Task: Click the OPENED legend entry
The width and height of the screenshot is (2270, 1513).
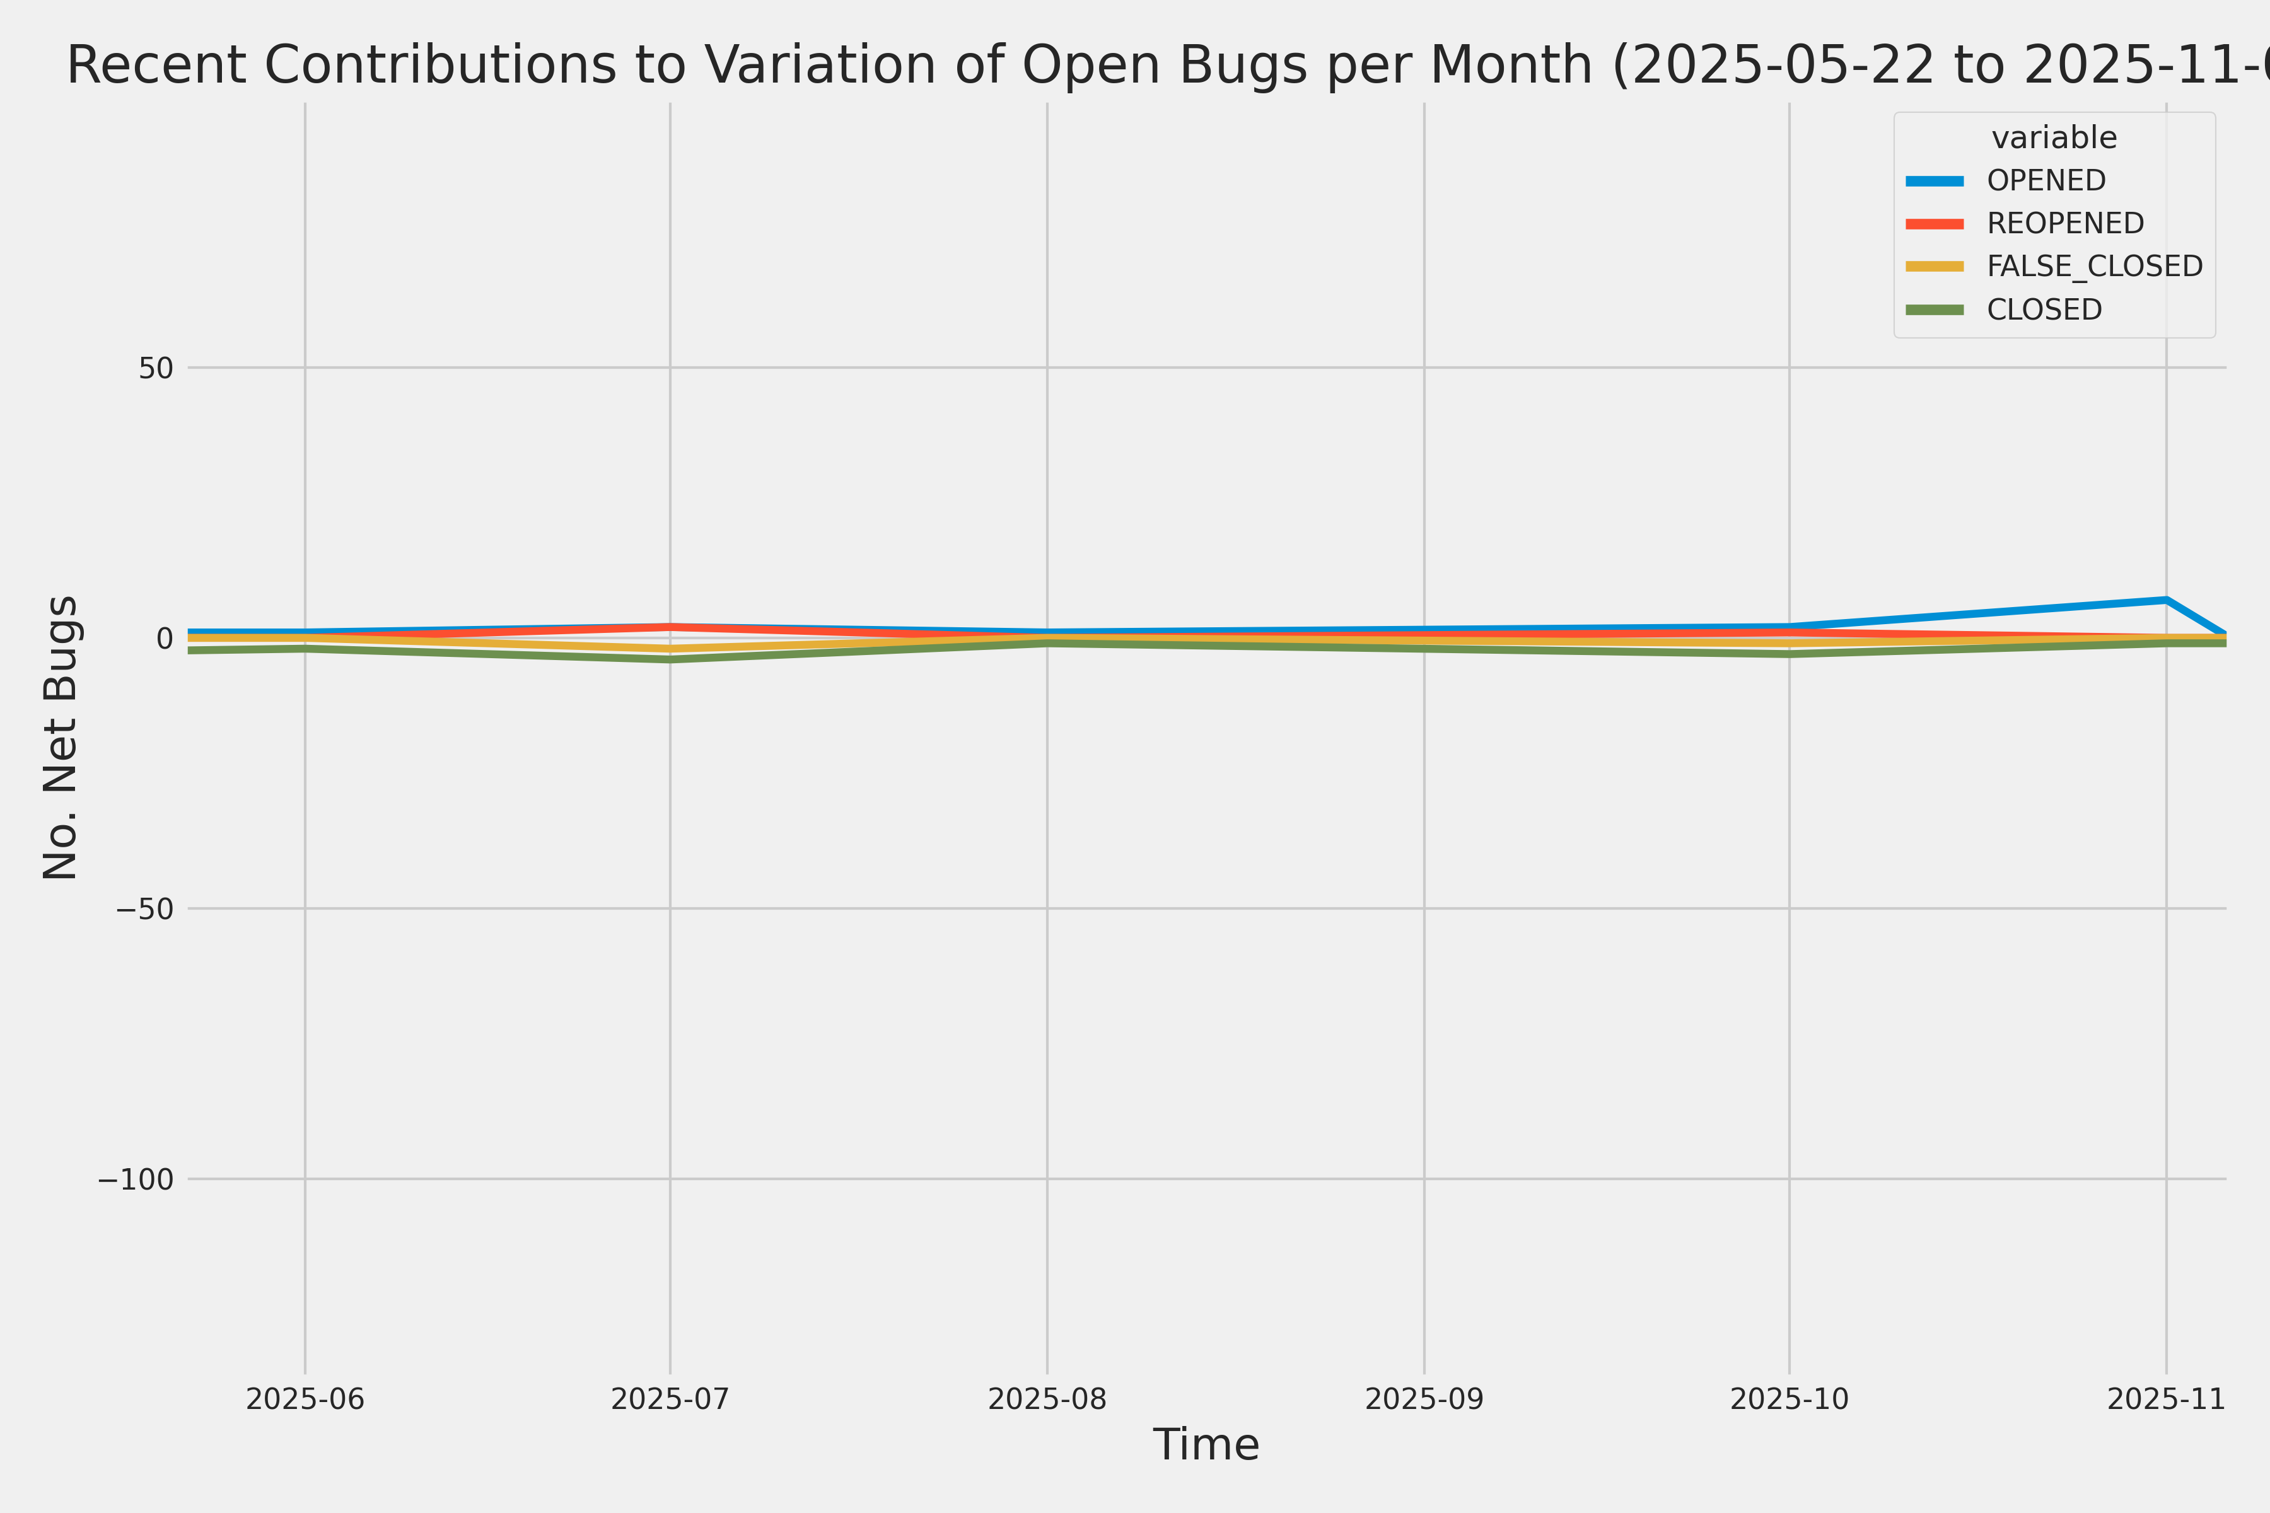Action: pos(2046,180)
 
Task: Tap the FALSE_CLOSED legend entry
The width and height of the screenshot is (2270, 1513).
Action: pos(2094,266)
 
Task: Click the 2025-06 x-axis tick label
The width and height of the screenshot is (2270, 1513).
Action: pos(305,1399)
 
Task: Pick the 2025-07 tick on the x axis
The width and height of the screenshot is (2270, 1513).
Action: pos(670,1399)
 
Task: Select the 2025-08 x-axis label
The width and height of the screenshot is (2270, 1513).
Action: pos(1047,1399)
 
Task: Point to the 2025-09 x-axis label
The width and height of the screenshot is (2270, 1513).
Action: pos(1424,1399)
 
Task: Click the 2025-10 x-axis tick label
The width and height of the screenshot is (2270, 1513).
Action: pos(1790,1399)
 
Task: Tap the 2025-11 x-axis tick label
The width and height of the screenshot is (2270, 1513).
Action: pos(2167,1399)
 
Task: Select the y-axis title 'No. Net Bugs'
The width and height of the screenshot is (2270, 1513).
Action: pos(60,737)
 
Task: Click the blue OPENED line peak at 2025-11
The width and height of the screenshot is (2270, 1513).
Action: pos(2167,600)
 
